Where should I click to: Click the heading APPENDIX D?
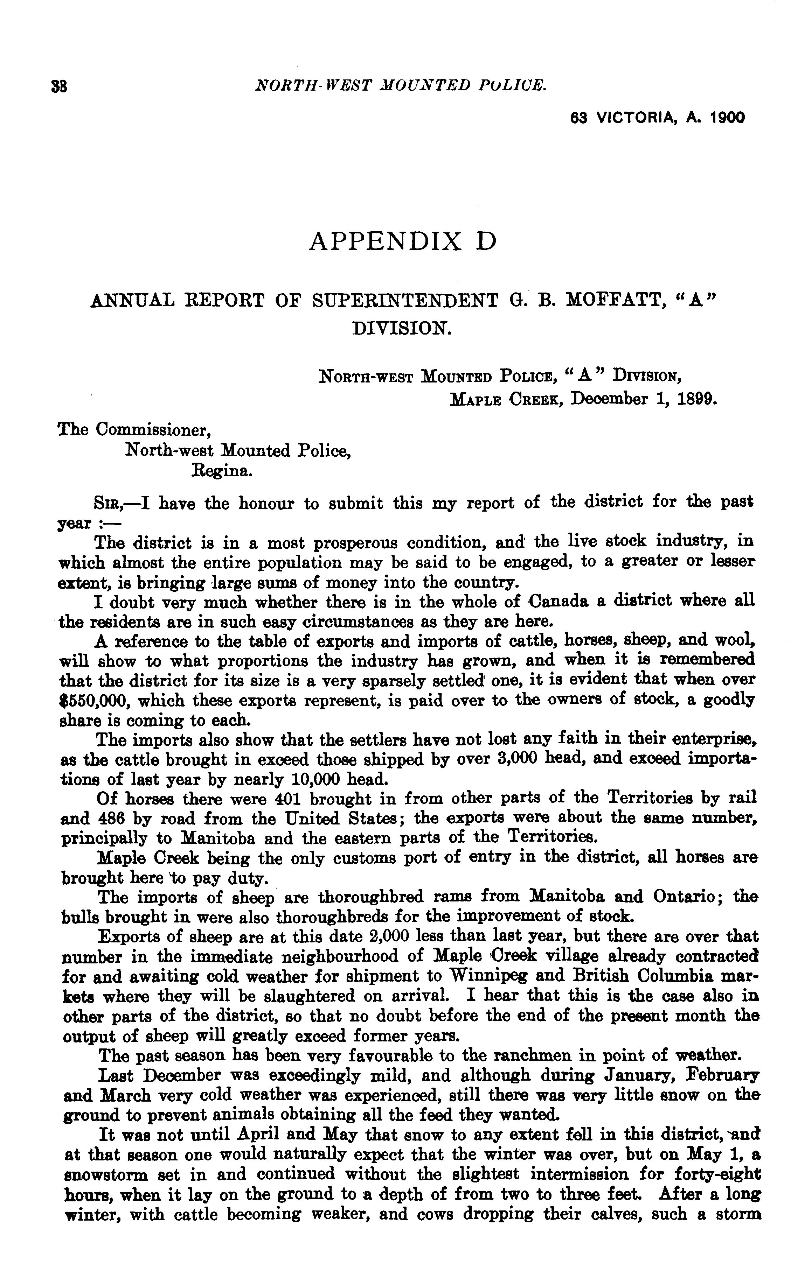click(x=402, y=241)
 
